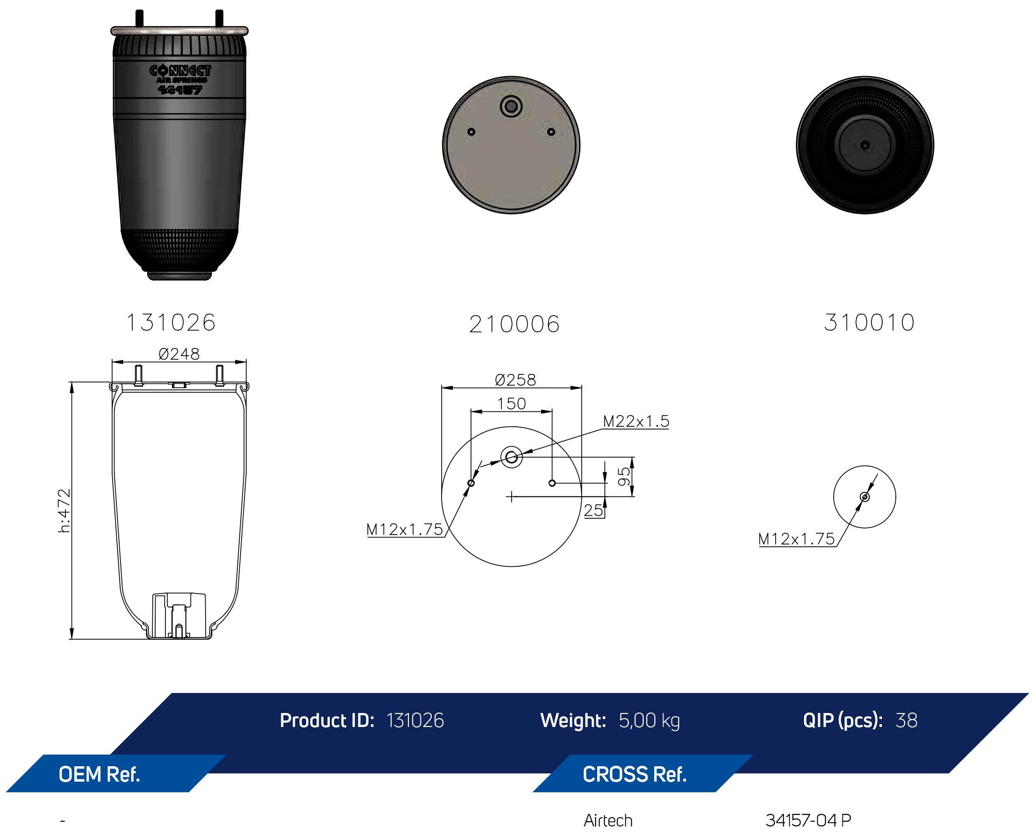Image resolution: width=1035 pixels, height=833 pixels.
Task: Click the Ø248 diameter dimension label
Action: point(178,354)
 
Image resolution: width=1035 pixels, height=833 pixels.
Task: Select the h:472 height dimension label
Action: point(64,510)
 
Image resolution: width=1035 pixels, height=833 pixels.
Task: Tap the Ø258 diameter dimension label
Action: point(515,380)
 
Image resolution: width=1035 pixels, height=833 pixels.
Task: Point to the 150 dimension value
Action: point(511,403)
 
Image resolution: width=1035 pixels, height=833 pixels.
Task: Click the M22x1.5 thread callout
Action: point(635,421)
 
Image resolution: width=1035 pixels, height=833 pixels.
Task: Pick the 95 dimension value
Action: point(624,476)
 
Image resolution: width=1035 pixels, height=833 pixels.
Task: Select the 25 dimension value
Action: point(593,510)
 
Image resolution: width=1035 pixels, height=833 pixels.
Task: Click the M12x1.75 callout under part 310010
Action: point(796,539)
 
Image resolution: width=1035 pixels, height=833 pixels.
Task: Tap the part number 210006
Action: point(514,325)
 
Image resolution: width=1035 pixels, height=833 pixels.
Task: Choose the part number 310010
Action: point(869,323)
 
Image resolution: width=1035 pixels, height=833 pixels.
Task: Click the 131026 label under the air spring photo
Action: point(171,323)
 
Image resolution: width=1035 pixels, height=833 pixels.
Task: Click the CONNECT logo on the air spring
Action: point(180,71)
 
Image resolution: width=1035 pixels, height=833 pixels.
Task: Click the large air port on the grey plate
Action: point(511,106)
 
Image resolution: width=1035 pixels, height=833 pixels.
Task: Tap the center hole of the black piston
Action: point(864,145)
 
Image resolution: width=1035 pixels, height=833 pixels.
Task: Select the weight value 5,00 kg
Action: point(649,721)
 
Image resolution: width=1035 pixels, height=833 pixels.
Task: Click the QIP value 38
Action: point(906,720)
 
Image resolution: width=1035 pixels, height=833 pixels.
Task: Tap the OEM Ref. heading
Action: point(100,775)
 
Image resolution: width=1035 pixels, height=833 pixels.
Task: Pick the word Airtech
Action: point(608,821)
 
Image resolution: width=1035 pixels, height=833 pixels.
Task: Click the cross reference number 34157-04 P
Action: point(808,821)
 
